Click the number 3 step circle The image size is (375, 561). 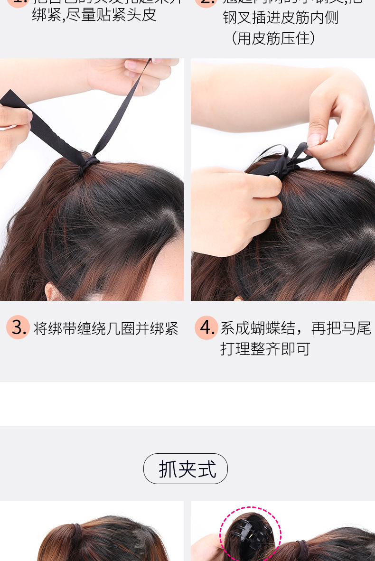(18, 327)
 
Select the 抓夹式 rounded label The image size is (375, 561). (186, 469)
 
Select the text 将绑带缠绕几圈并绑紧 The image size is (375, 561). (106, 328)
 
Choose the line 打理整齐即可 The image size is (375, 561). (265, 349)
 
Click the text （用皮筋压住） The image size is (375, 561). (273, 38)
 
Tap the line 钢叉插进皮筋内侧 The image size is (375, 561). (281, 18)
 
